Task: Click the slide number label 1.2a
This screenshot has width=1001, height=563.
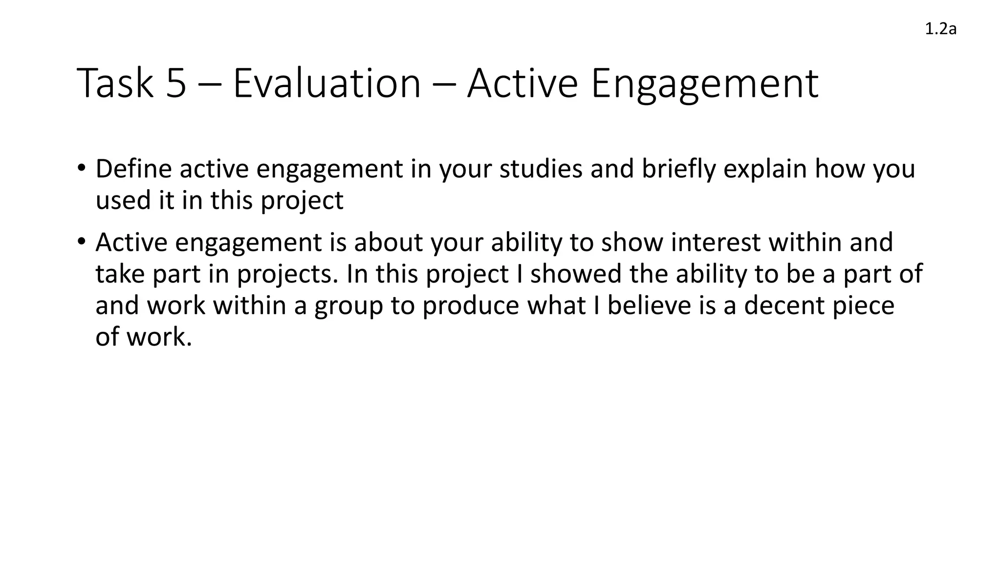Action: pos(940,30)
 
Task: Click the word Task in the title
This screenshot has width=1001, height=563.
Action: pos(115,83)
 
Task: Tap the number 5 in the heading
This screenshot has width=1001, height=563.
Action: pos(176,83)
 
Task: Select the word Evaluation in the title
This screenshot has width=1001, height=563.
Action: pos(326,83)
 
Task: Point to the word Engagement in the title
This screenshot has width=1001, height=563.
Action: pos(704,84)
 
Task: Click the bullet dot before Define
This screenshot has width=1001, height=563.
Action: pos(81,169)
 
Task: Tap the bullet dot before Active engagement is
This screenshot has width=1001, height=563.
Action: pos(81,242)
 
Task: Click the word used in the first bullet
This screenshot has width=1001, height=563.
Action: pos(123,200)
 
